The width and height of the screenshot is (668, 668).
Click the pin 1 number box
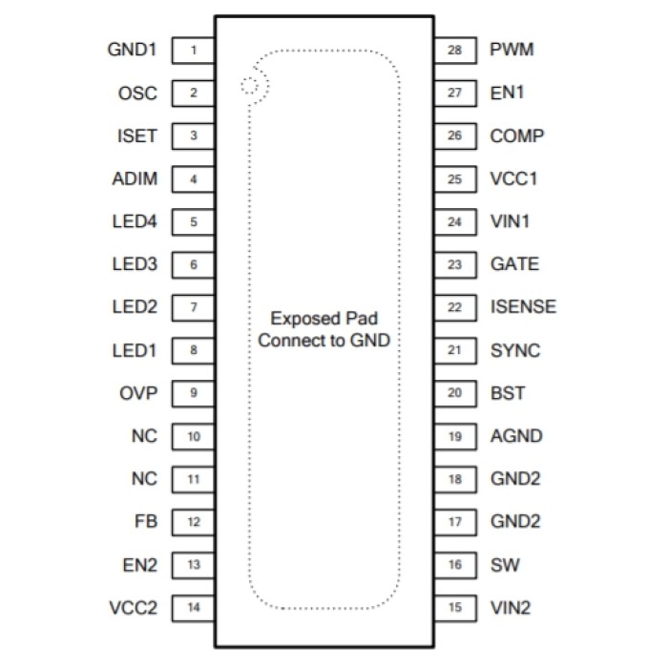(194, 50)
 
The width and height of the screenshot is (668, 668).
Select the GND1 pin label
(133, 50)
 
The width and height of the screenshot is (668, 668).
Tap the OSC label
(137, 94)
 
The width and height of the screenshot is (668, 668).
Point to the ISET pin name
(136, 136)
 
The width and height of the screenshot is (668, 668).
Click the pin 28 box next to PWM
(455, 50)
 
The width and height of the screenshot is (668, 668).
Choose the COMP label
(517, 136)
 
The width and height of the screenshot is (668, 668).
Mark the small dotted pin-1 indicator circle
(250, 86)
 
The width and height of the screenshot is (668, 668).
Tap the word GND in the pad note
(372, 340)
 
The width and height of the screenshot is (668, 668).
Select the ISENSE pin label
(523, 307)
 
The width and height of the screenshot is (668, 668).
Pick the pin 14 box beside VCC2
(194, 608)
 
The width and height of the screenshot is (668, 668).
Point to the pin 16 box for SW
(455, 565)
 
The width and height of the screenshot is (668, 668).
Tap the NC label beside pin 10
(144, 436)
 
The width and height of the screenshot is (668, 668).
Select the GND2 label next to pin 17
(515, 522)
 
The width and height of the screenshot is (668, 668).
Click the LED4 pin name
(134, 222)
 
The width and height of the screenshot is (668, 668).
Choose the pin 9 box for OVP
(194, 393)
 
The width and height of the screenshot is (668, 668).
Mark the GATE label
(514, 264)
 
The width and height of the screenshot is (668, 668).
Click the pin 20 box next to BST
(455, 393)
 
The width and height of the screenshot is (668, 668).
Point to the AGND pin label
(516, 436)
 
